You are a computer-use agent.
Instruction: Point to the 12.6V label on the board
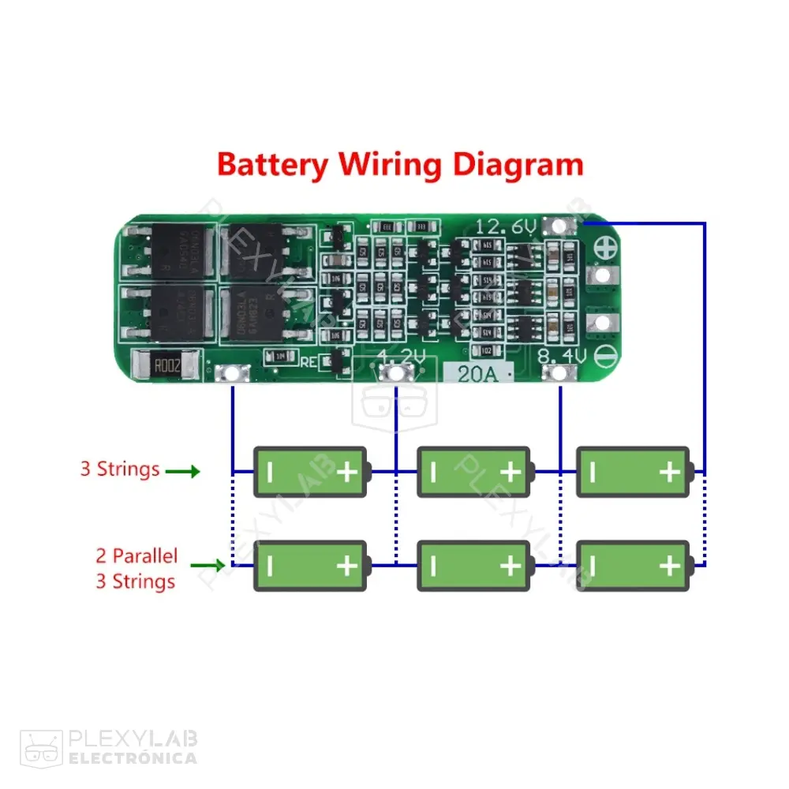pyautogui.click(x=506, y=227)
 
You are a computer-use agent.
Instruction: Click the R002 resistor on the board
pyautogui.click(x=166, y=366)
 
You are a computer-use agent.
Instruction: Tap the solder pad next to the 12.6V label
pyautogui.click(x=559, y=226)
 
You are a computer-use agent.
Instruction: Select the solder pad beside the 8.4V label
pyautogui.click(x=559, y=373)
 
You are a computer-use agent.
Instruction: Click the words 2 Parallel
pyautogui.click(x=136, y=555)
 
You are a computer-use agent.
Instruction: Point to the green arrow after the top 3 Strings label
pyautogui.click(x=183, y=472)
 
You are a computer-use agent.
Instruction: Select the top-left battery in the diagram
pyautogui.click(x=311, y=472)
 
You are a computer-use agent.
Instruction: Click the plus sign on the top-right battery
pyautogui.click(x=669, y=472)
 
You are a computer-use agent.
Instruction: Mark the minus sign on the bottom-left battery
pyautogui.click(x=270, y=566)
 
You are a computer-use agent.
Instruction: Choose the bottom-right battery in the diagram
pyautogui.click(x=634, y=566)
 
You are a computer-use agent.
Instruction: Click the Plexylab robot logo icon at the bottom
pyautogui.click(x=42, y=747)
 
